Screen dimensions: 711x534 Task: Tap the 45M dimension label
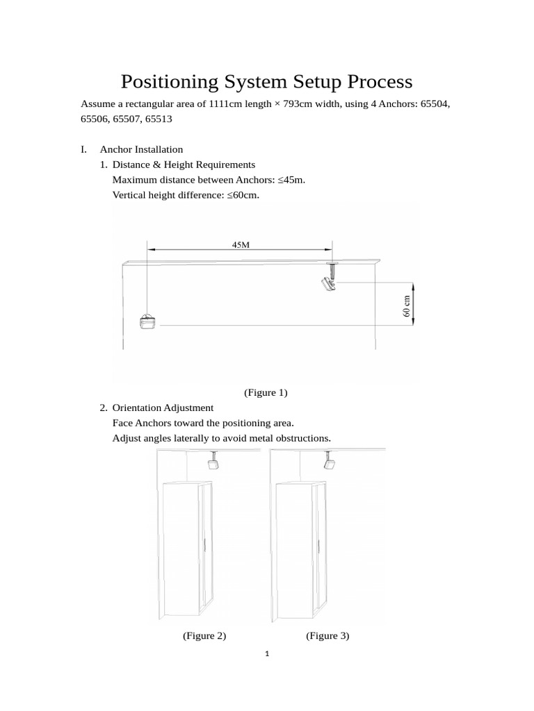(240, 244)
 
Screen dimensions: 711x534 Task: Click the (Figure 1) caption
(266, 392)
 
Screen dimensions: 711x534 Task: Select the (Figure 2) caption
(204, 635)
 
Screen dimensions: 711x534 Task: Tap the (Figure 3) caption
(327, 635)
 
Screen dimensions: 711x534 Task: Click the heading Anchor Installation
(141, 149)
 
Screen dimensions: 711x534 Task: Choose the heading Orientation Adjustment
(163, 408)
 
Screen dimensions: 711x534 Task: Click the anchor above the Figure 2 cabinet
(214, 460)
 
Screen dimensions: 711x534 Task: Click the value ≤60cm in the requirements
(242, 195)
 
